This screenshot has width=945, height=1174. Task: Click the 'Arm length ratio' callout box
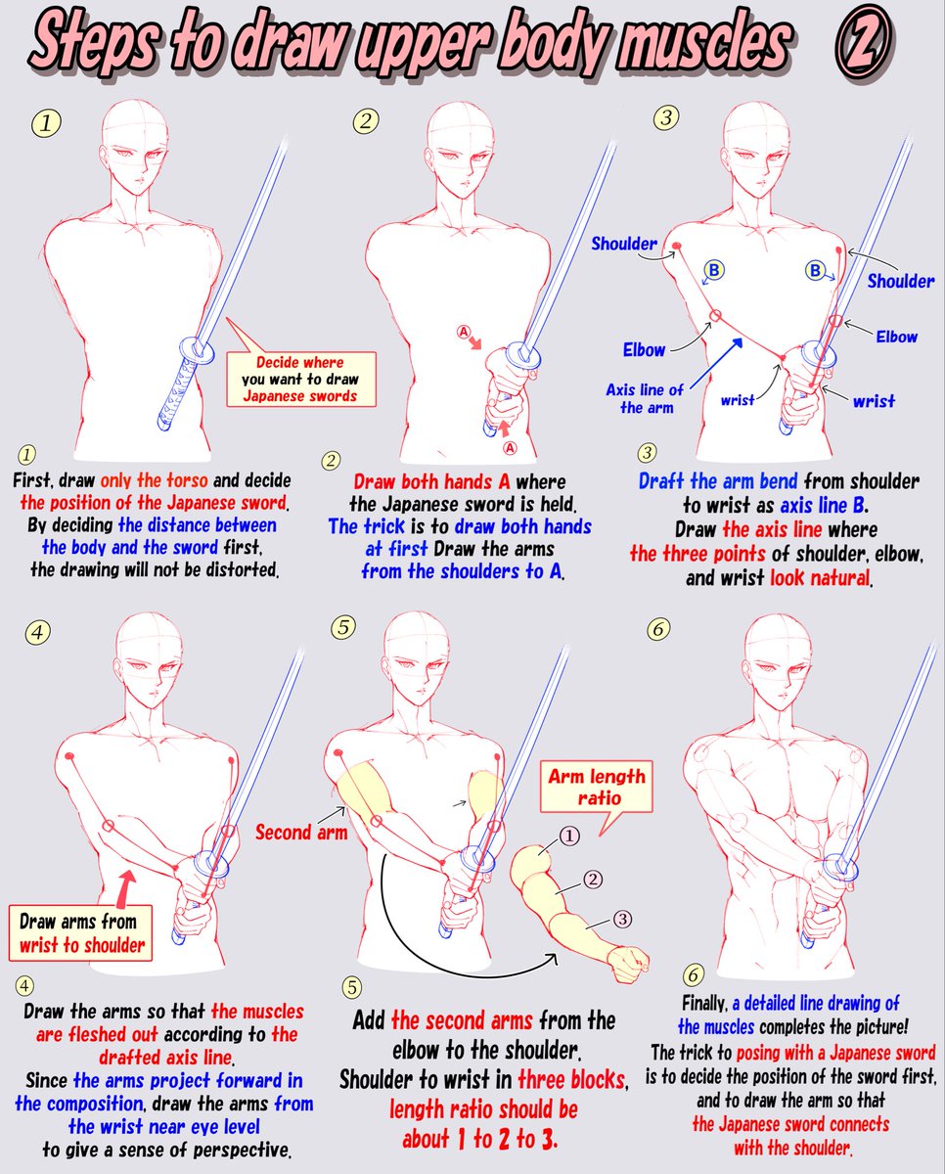click(596, 788)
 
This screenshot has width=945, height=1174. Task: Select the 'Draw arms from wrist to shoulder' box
click(78, 932)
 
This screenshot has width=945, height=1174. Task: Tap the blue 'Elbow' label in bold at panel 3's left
click(644, 349)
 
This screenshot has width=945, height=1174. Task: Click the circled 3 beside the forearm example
click(621, 919)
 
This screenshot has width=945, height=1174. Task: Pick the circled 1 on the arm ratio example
click(570, 835)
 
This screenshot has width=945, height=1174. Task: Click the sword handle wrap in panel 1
click(177, 395)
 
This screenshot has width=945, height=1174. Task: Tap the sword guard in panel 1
click(201, 349)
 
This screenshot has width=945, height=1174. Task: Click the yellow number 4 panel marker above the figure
click(37, 631)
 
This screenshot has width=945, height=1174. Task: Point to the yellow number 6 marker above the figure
click(659, 629)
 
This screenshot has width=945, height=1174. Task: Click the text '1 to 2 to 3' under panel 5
click(483, 1139)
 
